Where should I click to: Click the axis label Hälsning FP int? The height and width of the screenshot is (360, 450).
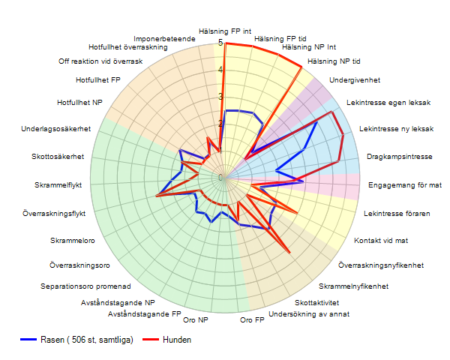coord(225,31)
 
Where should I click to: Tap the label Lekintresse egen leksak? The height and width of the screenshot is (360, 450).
coord(388,103)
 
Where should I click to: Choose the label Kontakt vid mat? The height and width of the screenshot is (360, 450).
coord(380,241)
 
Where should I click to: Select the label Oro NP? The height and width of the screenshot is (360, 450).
coord(196,320)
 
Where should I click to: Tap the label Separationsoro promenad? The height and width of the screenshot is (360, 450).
coord(86,286)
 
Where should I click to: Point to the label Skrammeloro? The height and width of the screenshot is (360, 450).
coord(72,241)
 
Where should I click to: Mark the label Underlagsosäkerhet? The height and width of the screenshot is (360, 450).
coord(56,129)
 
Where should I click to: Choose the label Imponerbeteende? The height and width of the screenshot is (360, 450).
coord(164,38)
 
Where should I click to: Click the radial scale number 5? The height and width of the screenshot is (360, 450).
coord(220,43)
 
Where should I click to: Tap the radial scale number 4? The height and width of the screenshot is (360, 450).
coord(220,70)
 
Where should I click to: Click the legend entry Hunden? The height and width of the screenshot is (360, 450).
coord(176,340)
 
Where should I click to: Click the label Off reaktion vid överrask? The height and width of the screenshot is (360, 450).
coord(100,61)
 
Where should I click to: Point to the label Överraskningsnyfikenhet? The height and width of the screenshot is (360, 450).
coord(381,265)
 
